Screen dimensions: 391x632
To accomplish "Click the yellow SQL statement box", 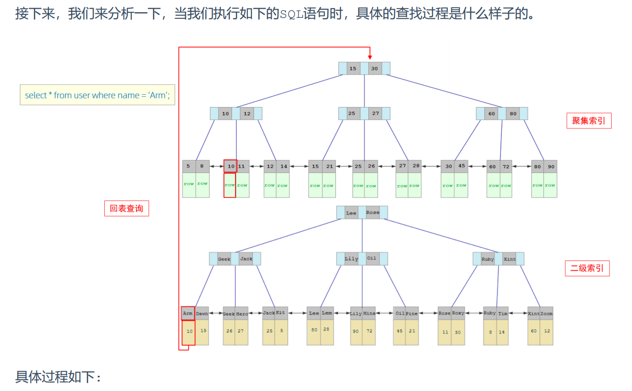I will coord(97,95).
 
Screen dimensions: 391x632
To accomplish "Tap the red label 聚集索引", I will coord(588,121).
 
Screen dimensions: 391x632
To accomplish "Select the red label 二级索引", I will coord(587,268).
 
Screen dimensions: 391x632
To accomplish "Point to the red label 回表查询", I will coord(126,208).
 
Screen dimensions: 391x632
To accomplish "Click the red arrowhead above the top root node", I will coord(370,57).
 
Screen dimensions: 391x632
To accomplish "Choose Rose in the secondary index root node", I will coord(372,213).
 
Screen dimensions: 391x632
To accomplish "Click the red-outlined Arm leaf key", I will coord(188,314).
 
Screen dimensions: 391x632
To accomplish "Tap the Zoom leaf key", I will coord(547,314).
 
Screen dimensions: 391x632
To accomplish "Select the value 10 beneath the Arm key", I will coord(189,331).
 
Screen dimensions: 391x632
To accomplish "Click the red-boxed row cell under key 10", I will coord(229,185).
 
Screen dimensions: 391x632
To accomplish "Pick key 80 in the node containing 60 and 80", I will coord(513,114).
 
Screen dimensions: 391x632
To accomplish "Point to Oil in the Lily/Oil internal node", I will coord(372,258).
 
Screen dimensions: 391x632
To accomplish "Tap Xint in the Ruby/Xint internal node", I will coord(509,259).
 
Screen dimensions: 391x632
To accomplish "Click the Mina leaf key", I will coord(369,314).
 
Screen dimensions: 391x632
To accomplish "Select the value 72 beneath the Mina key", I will coord(369,331).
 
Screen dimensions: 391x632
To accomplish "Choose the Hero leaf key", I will coord(242,314).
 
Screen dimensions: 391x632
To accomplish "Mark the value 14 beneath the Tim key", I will coord(502,331).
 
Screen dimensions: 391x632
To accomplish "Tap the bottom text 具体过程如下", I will coord(59,377).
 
